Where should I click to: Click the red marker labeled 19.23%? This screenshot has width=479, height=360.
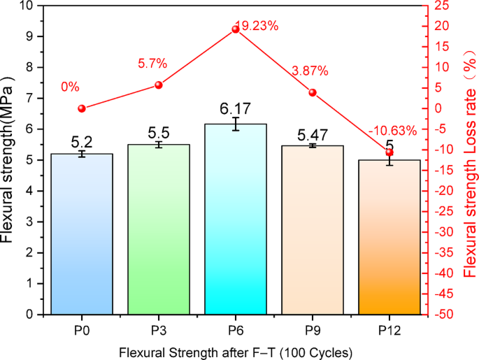tap(236, 29)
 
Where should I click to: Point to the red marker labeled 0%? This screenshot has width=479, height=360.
tap(82, 108)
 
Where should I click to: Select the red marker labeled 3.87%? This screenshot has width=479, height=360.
tap(313, 92)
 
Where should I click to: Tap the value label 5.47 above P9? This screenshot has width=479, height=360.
tap(313, 133)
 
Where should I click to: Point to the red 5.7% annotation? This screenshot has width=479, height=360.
tap(152, 64)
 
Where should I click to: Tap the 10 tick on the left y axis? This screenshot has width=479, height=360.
tap(28, 6)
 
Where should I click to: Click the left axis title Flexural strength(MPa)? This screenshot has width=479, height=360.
tap(9, 159)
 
